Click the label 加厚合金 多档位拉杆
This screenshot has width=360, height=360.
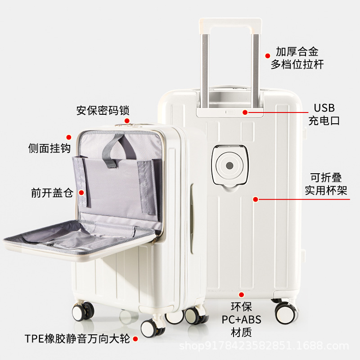pos(297,58)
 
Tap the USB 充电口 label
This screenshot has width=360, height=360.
pos(324,114)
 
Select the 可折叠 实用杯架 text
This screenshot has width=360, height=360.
pos(326,184)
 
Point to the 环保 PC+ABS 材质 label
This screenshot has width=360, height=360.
pos(241,319)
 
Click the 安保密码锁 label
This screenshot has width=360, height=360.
pos(103,110)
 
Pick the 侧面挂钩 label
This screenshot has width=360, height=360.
pos(49,148)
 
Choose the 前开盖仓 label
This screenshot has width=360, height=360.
pos(52,193)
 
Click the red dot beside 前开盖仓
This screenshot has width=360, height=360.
pos(81,193)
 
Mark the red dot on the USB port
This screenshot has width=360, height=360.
pos(245,112)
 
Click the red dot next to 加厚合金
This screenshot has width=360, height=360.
pos(268,54)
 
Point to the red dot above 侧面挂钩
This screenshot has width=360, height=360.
pos(69,137)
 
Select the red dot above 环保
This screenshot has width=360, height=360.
pos(242,295)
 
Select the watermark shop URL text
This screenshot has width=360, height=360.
pos(264,346)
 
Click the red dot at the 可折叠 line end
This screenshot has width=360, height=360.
pos(255,199)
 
